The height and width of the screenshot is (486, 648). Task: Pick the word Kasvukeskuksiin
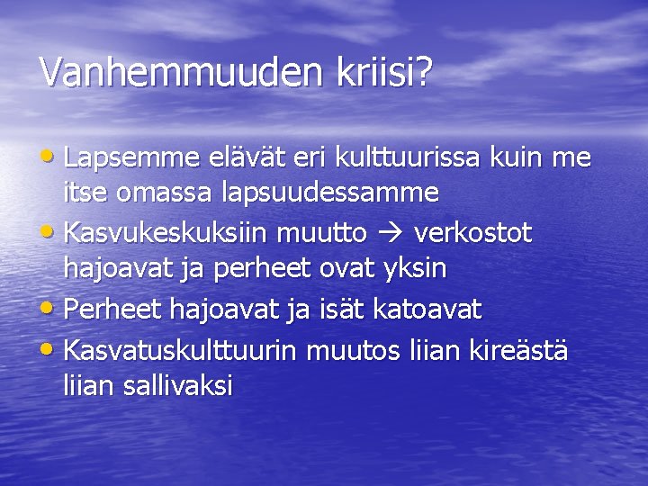click(166, 234)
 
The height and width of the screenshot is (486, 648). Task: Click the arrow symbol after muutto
click(391, 235)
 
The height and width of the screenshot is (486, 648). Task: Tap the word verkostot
click(473, 234)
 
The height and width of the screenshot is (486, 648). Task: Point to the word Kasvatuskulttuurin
click(182, 348)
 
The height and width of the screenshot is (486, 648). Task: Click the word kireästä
click(518, 348)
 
